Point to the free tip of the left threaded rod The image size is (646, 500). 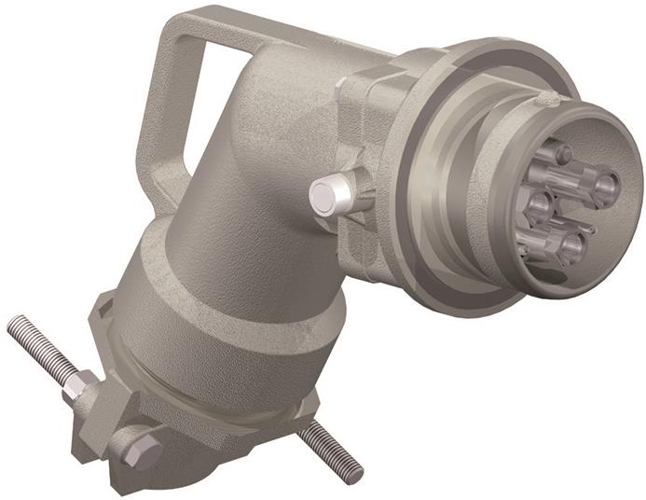point(13,324)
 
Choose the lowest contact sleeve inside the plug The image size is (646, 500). point(570,246)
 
